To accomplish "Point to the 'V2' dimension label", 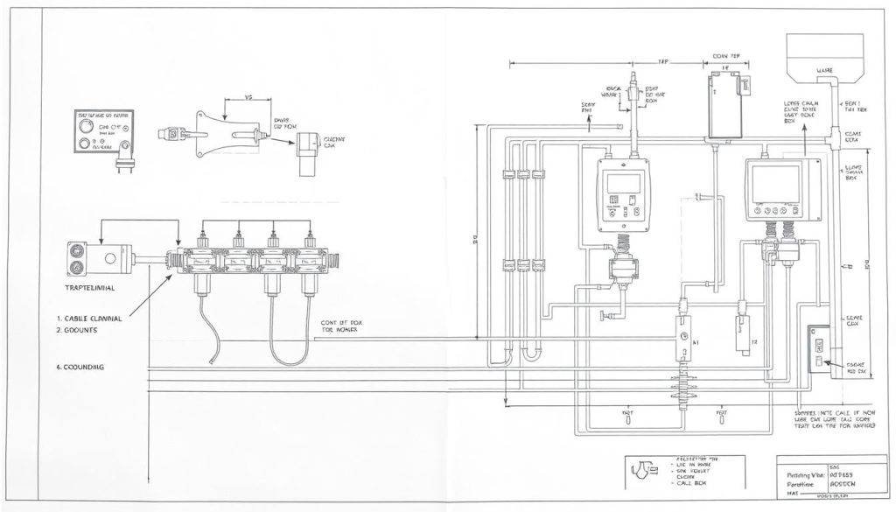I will [247, 98].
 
